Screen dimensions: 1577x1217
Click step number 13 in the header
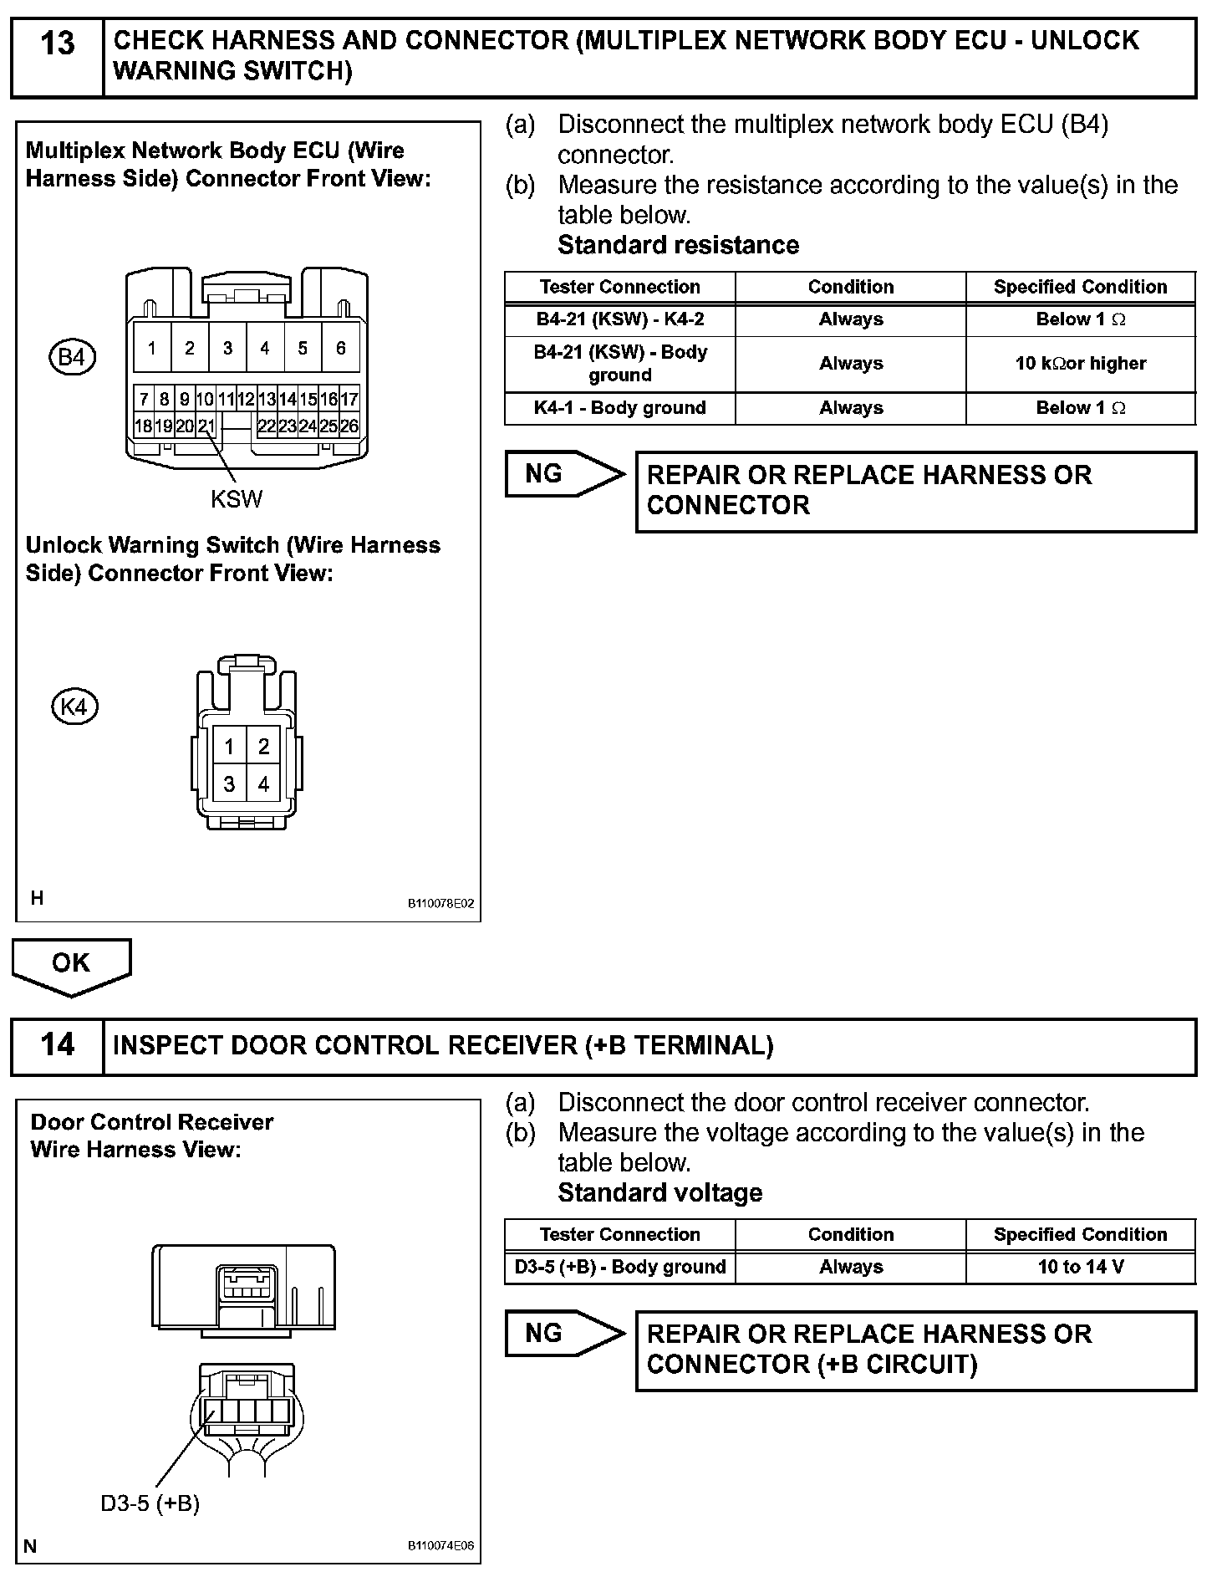(57, 43)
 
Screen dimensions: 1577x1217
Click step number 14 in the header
(57, 1045)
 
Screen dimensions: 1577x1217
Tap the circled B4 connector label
(72, 358)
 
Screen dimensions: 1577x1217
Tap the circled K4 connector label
(74, 707)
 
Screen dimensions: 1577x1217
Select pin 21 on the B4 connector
(206, 426)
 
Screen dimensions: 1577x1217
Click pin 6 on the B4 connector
(340, 349)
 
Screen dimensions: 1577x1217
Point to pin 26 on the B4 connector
(349, 426)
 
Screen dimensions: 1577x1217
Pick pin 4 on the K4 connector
(263, 784)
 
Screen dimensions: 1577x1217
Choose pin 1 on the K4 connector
(229, 747)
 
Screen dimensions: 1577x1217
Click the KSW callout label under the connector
(237, 500)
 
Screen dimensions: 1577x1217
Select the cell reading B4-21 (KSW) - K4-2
(620, 319)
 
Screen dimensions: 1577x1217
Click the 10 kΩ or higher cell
(1080, 364)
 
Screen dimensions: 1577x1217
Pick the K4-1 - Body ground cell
(620, 408)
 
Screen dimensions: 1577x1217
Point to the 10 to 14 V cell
(1080, 1267)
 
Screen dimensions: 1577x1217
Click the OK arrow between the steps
(71, 964)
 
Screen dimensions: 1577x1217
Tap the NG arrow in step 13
(563, 475)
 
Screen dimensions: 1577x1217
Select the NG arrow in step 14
(563, 1334)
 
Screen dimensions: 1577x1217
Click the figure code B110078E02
(440, 904)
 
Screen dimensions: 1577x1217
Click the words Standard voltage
(659, 1193)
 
